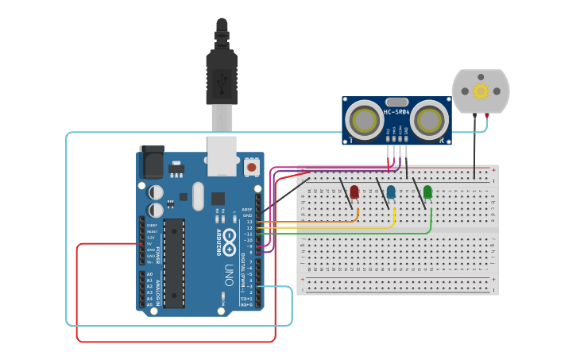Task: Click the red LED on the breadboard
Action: (354, 192)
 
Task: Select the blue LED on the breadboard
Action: (391, 192)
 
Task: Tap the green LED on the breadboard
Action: (427, 192)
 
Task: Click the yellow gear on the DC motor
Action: (480, 91)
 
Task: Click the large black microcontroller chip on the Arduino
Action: (175, 262)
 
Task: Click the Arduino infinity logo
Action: (229, 238)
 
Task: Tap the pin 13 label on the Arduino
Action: (249, 222)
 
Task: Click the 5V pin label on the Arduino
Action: (150, 244)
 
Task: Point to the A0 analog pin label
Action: (149, 274)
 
